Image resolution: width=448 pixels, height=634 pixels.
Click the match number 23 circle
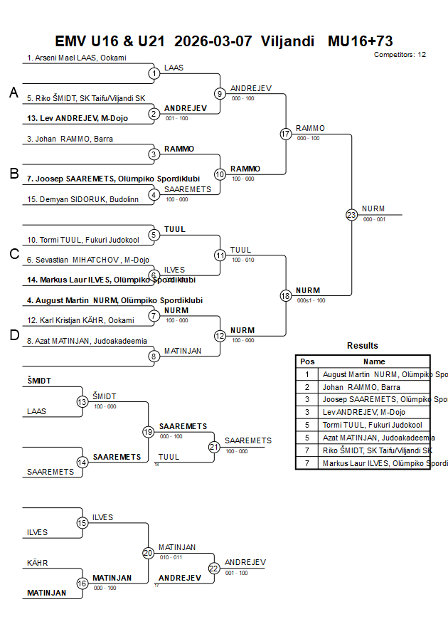(351, 214)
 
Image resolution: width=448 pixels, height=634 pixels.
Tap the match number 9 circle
(220, 93)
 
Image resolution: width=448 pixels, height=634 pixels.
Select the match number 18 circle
(286, 295)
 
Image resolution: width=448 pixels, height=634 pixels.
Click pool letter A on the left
(14, 93)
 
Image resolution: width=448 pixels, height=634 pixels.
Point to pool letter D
(14, 335)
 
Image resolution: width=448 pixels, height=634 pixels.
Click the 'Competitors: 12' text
(400, 54)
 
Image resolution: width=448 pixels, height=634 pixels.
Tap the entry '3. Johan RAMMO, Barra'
(70, 139)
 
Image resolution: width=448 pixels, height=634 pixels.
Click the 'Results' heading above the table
(363, 346)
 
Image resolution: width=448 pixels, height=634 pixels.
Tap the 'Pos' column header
(307, 361)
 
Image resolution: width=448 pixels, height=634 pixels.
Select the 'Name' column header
(374, 361)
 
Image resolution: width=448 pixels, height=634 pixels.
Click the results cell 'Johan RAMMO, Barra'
(361, 387)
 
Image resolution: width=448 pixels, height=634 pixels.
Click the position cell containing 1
(307, 374)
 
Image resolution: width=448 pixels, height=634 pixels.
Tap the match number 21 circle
(214, 447)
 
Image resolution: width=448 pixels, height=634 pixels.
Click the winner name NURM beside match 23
(373, 208)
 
